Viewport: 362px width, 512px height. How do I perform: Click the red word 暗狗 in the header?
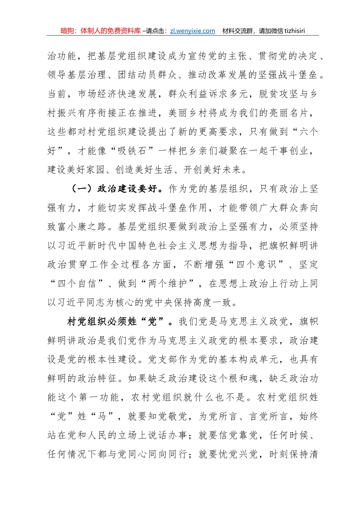coord(67,31)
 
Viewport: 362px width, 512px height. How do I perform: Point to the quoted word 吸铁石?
coord(132,150)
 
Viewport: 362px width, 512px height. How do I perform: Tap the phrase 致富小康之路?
coord(77,227)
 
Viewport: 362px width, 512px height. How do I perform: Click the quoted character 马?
coord(102,416)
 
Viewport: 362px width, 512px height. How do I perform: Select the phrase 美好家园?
coord(87,170)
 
